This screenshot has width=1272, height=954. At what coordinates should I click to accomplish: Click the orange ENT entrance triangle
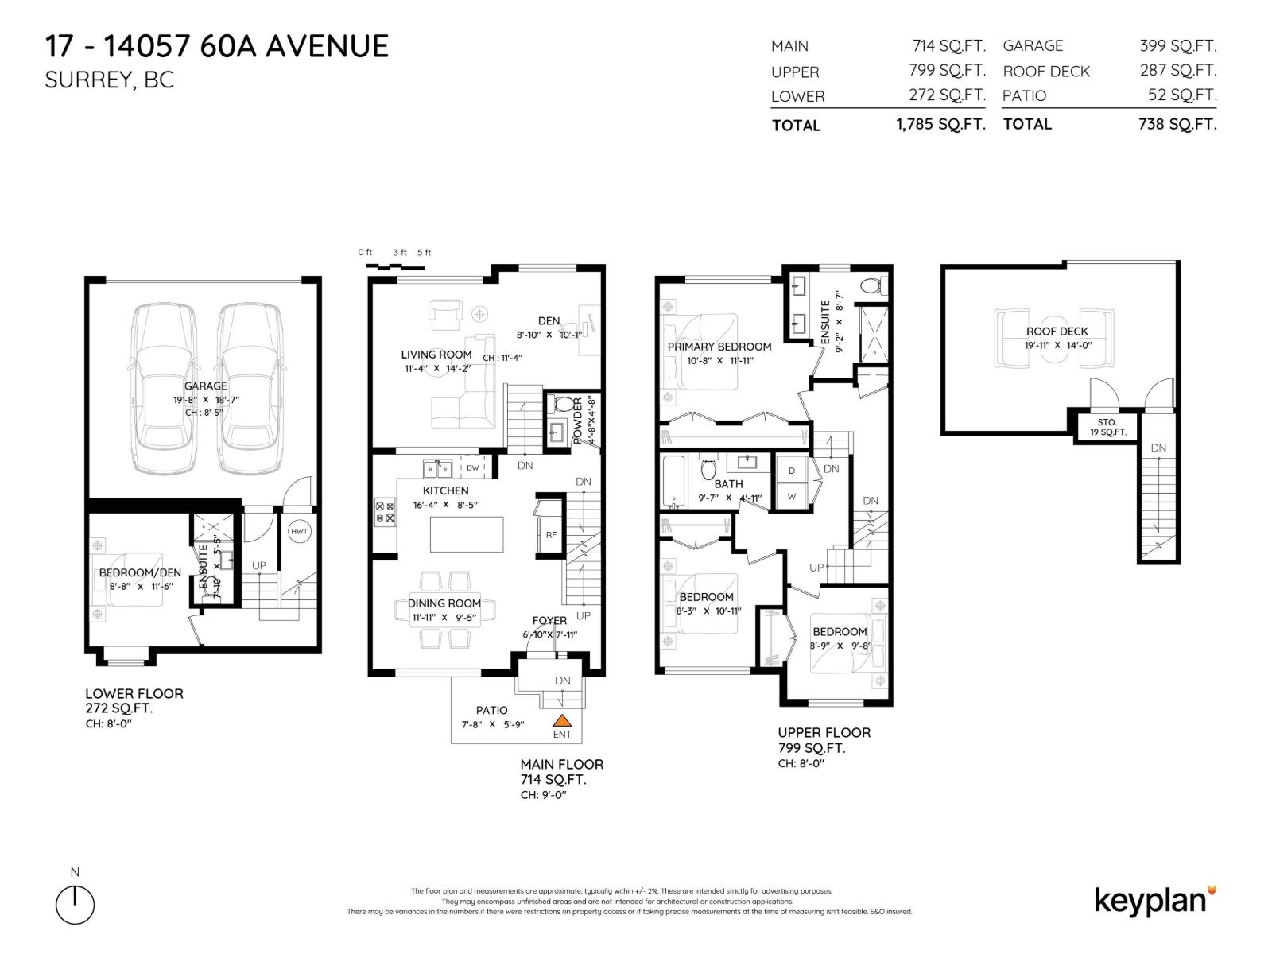pyautogui.click(x=562, y=720)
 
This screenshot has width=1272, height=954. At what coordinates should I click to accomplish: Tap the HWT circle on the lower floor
pyautogui.click(x=299, y=532)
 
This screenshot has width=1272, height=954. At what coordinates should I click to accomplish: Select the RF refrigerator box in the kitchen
pyautogui.click(x=551, y=535)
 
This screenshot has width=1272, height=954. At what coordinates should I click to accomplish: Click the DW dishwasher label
pyautogui.click(x=473, y=468)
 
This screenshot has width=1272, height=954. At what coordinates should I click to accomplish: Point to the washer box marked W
pyautogui.click(x=792, y=495)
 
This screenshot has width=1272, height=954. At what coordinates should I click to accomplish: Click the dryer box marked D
pyautogui.click(x=792, y=471)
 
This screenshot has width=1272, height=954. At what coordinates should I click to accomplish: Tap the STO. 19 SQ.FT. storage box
pyautogui.click(x=1107, y=427)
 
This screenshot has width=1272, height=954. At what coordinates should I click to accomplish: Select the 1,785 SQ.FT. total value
pyautogui.click(x=940, y=125)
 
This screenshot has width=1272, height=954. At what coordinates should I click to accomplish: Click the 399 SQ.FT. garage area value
pyautogui.click(x=1177, y=46)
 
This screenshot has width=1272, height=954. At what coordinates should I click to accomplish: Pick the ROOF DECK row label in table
pyautogui.click(x=1046, y=72)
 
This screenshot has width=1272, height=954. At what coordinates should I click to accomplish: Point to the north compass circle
pyautogui.click(x=76, y=905)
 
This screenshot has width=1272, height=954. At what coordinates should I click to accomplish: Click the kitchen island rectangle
pyautogui.click(x=467, y=534)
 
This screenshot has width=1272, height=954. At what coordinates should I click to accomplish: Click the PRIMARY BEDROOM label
pyautogui.click(x=719, y=347)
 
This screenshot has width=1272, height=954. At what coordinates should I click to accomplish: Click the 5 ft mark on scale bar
pyautogui.click(x=424, y=253)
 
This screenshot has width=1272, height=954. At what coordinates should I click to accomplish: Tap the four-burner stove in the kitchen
pyautogui.click(x=385, y=512)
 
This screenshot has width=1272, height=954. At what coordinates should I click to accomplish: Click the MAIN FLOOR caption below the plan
pyautogui.click(x=561, y=764)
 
